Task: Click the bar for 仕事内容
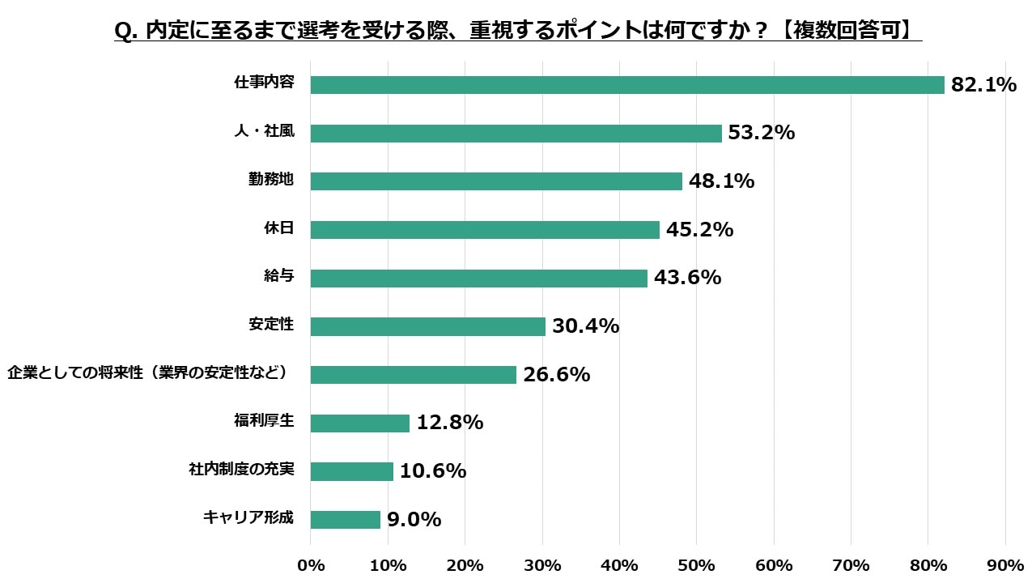[627, 85]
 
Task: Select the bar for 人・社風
[516, 134]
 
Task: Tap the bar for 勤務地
[496, 181]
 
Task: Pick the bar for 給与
[478, 279]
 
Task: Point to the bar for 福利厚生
[359, 423]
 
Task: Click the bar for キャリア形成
[345, 520]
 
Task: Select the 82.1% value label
[983, 85]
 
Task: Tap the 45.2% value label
[699, 230]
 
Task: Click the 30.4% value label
[585, 326]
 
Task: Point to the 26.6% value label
[556, 375]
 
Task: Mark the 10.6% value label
[433, 471]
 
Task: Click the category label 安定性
[270, 325]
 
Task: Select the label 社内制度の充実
[240, 470]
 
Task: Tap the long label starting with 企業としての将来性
[148, 373]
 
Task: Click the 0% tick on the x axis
[311, 565]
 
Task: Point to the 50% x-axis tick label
[697, 565]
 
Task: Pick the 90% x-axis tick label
[1005, 565]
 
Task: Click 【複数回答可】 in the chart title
[850, 30]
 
